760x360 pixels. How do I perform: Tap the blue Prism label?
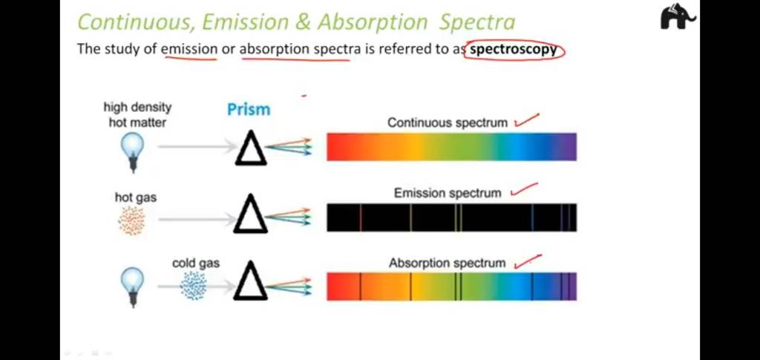click(x=249, y=110)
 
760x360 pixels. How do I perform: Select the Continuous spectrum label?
click(x=448, y=122)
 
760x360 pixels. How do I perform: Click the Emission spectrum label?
click(x=448, y=193)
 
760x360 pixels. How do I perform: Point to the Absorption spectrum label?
click(x=447, y=263)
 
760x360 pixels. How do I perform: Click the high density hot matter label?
click(x=137, y=114)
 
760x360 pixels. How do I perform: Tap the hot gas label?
click(x=135, y=197)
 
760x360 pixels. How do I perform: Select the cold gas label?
click(x=195, y=263)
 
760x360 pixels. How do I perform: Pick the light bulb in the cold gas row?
click(x=132, y=286)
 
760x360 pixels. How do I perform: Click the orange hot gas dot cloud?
click(x=132, y=221)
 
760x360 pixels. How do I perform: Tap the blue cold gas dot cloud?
click(x=194, y=286)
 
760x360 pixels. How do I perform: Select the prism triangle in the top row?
click(x=250, y=151)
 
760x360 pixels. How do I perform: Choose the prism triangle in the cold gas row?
click(x=250, y=286)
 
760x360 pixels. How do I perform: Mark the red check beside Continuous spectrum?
click(x=526, y=120)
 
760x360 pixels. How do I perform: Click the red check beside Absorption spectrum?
click(x=528, y=260)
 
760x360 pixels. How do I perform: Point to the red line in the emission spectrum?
click(x=361, y=218)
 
